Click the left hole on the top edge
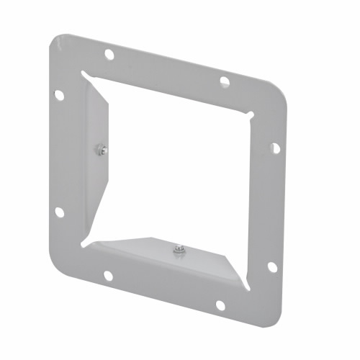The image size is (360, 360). pos(109,54)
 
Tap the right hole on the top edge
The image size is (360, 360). pos(224,81)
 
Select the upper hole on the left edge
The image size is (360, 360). pos(59,95)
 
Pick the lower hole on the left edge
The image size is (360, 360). pos(59,212)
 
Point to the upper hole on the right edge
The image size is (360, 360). pos(274,148)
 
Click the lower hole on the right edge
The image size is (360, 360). pos(272,266)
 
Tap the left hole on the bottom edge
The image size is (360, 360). pos(107,275)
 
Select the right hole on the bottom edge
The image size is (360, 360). pos(220,305)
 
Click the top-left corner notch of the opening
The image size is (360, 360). pos(85,73)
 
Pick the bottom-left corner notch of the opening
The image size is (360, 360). pos(85,245)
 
